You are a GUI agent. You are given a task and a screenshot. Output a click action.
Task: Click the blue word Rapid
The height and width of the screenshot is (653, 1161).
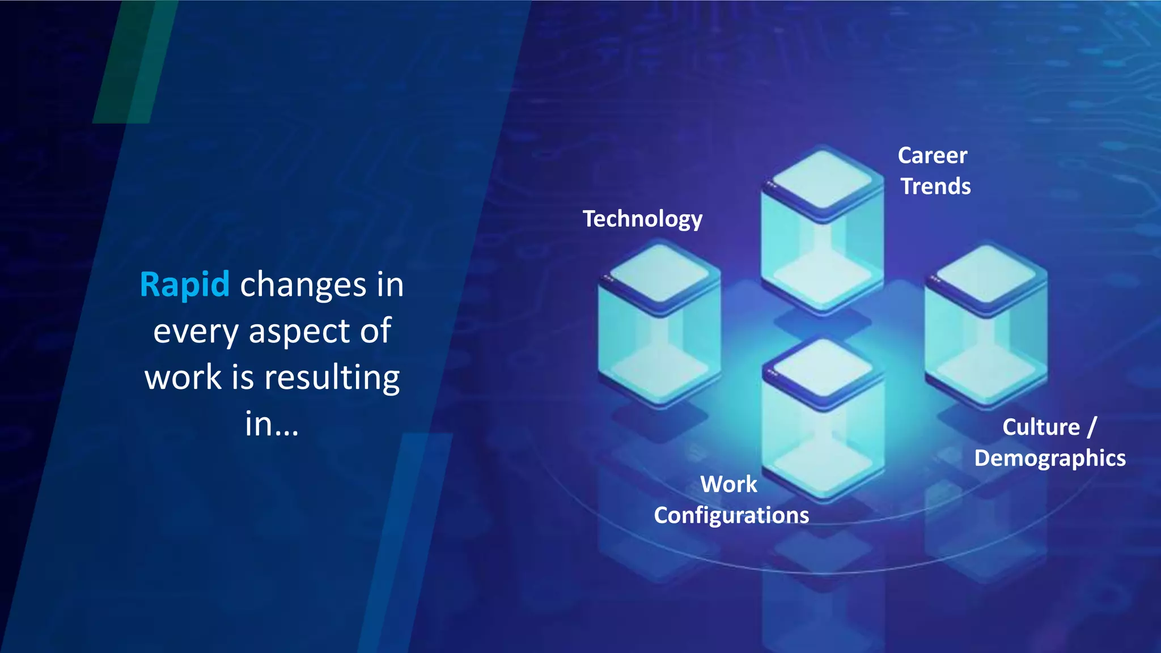[x=184, y=285]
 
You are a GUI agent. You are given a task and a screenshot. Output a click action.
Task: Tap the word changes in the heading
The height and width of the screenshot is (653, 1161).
[x=303, y=285]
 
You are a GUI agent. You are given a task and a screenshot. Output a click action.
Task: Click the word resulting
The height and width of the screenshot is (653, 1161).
[x=332, y=378]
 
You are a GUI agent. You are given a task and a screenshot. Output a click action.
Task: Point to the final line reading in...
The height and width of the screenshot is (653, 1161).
[x=271, y=424]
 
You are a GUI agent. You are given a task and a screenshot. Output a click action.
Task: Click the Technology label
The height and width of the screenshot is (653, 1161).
[x=642, y=219]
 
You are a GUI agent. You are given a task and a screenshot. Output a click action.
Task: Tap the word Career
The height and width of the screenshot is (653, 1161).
[x=933, y=155]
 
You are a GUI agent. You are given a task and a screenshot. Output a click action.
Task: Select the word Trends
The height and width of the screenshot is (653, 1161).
[x=935, y=186]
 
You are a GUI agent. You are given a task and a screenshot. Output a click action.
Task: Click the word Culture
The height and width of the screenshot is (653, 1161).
[x=1041, y=427]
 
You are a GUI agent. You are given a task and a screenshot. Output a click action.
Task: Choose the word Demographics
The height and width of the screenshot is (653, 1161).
[x=1050, y=458]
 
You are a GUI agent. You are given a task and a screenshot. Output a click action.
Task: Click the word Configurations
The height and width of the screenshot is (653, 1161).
[x=731, y=515]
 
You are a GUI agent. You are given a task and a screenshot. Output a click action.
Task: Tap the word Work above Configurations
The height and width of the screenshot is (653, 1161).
[x=728, y=484]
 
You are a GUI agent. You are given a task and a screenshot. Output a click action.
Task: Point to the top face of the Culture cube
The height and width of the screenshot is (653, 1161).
[x=986, y=275]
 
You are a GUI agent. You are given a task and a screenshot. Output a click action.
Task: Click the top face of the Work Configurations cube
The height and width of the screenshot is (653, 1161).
[x=823, y=370]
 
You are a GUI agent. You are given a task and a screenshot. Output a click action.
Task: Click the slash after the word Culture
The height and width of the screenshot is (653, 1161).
[x=1092, y=427]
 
